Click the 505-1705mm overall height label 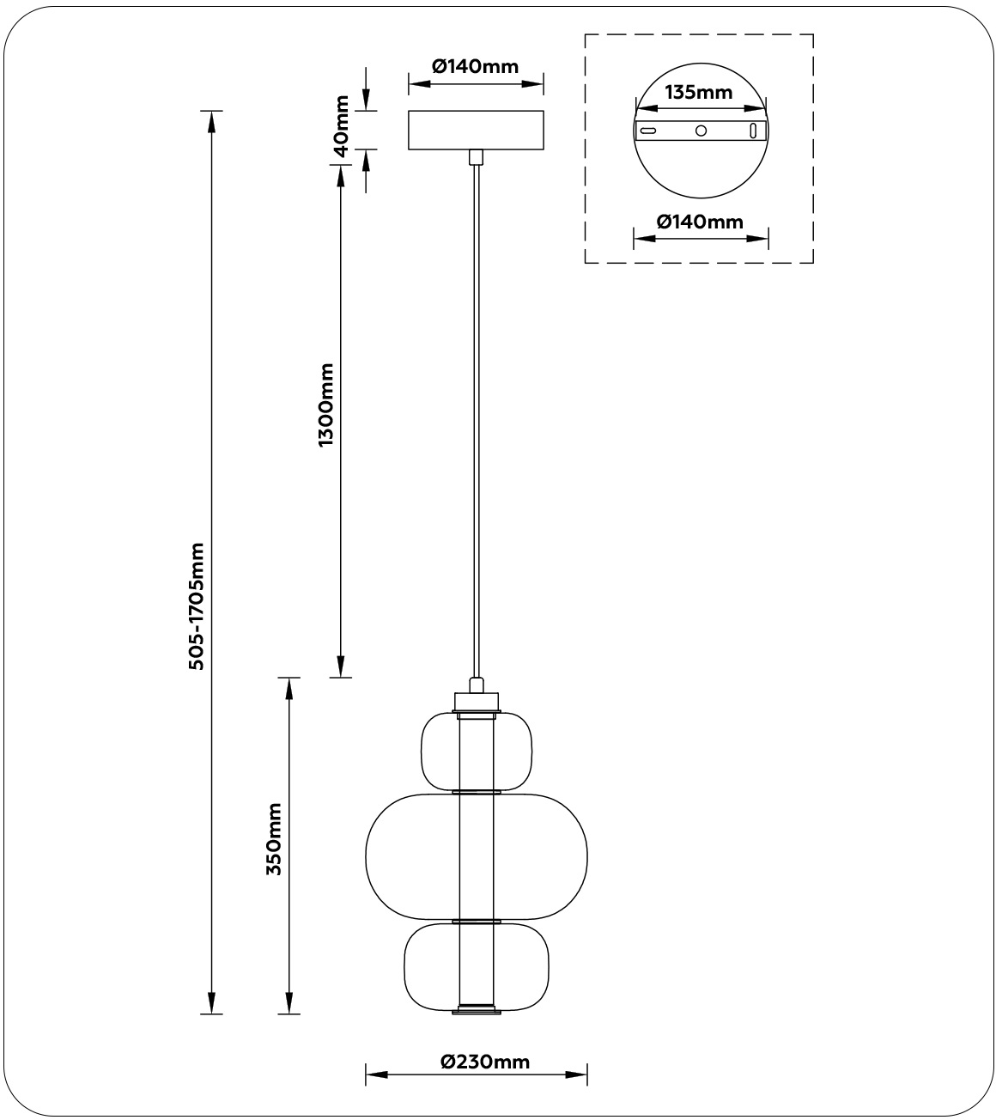click(x=197, y=606)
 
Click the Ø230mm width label click(x=485, y=1062)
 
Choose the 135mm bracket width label click(x=699, y=92)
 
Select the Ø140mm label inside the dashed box click(x=700, y=222)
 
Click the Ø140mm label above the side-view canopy click(x=476, y=66)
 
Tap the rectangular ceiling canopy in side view click(x=476, y=130)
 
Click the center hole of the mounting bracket click(x=701, y=131)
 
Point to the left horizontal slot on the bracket click(x=649, y=131)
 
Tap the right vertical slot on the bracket click(x=753, y=131)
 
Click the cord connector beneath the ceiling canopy click(x=476, y=156)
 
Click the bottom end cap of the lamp click(x=477, y=1011)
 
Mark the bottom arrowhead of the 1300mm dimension click(x=341, y=668)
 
